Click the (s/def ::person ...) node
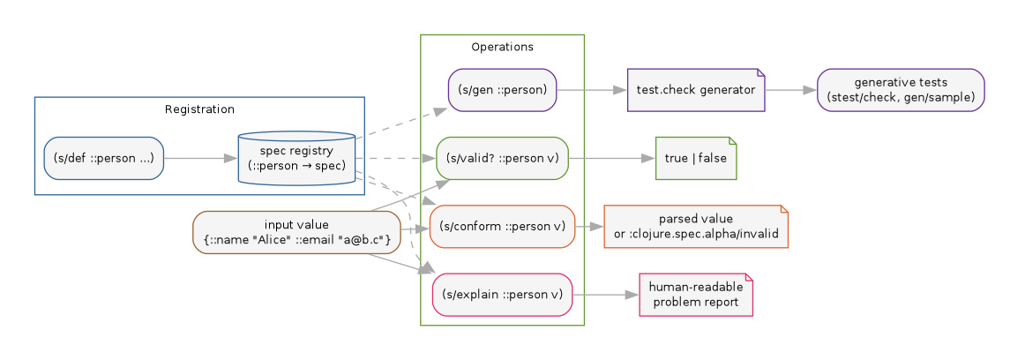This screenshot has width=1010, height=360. tap(104, 159)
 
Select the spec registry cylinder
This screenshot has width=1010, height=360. tap(296, 159)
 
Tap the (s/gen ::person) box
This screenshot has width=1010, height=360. tap(502, 90)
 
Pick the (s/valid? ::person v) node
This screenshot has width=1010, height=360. tap(502, 159)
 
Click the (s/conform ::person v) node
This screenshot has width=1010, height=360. tap(502, 227)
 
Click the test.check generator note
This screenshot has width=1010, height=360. tap(695, 90)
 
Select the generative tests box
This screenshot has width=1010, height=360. tap(900, 90)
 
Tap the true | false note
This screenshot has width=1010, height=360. tap(695, 159)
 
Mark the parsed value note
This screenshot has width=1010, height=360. tap(695, 227)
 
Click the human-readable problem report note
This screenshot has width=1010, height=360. tap(695, 295)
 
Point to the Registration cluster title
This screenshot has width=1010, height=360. tap(199, 109)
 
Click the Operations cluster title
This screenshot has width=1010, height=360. tap(502, 47)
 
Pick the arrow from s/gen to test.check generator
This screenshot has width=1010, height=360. tap(591, 90)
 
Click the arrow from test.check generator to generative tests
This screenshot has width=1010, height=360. tap(791, 90)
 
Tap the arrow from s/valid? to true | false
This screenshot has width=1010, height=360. tap(612, 159)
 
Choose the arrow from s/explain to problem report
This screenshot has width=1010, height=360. tap(605, 295)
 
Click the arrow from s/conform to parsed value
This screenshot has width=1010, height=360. tap(589, 227)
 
